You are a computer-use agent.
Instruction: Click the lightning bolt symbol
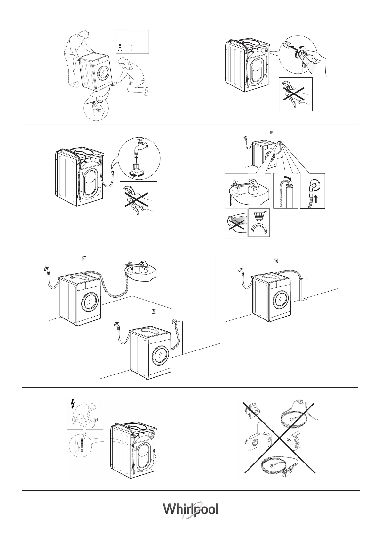[73, 405]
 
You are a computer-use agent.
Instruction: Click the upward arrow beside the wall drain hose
[316, 199]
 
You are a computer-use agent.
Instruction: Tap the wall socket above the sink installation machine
[85, 259]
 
